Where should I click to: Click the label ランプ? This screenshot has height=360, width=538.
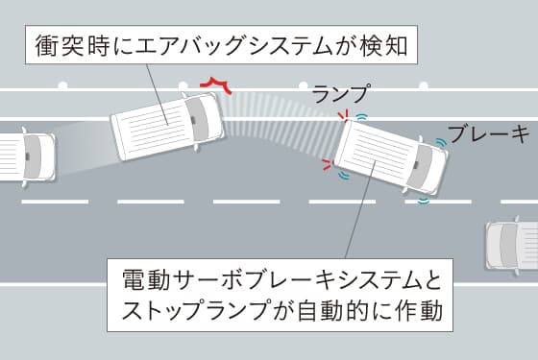(x=340, y=93)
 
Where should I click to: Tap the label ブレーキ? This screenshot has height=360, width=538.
(x=490, y=132)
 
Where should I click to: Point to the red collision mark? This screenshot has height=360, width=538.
(x=216, y=85)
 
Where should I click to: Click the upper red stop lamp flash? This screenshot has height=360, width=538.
(x=341, y=117)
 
